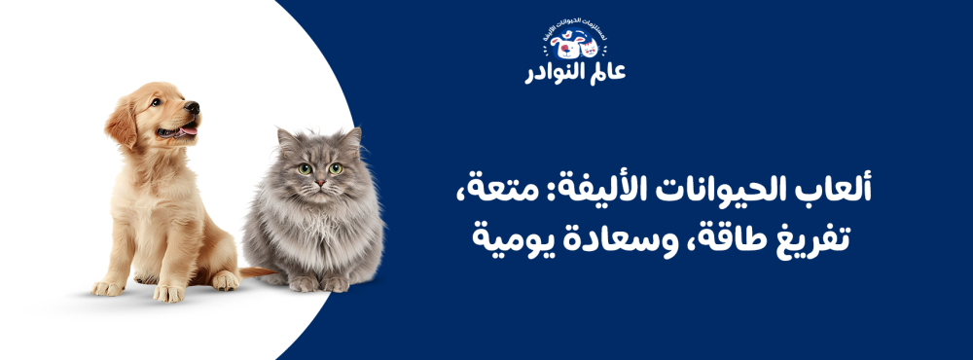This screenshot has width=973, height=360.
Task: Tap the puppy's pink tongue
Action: point(187,127)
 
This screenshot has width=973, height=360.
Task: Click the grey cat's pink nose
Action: point(319,181)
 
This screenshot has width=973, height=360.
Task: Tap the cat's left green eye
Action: point(304,167)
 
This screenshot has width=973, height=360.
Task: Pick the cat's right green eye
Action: point(336,167)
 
